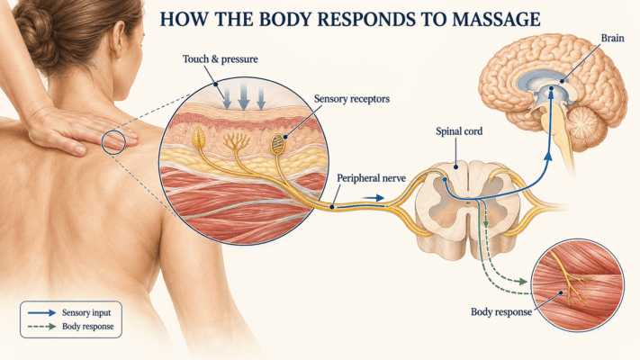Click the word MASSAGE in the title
click(496, 19)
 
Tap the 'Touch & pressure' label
click(221, 59)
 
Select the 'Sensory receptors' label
click(352, 99)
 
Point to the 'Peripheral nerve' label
click(371, 178)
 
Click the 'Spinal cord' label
click(459, 131)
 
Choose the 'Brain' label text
click(612, 38)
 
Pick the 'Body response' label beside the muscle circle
click(501, 312)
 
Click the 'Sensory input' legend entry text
click(86, 312)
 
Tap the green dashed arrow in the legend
click(41, 327)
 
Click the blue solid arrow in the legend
click(41, 313)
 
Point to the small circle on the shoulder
click(113, 142)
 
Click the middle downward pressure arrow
click(244, 96)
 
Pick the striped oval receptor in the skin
click(278, 144)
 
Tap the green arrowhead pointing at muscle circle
click(522, 281)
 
